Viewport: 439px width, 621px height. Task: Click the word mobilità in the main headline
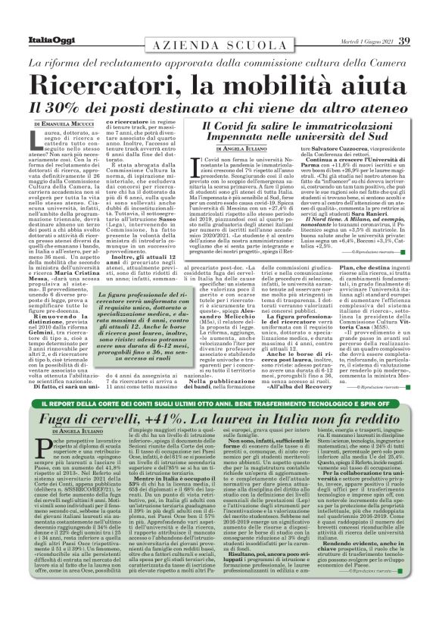tap(300, 82)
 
